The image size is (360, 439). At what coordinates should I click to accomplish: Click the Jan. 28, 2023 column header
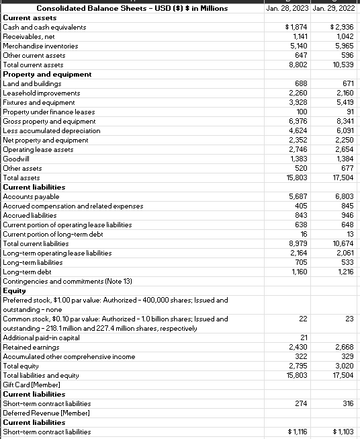click(287, 8)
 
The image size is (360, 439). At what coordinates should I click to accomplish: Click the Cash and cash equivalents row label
click(44, 27)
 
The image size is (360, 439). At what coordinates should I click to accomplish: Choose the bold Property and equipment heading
click(47, 74)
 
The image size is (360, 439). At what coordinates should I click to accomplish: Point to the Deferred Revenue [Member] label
click(47, 413)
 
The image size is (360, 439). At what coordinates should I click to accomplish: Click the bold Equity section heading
click(15, 290)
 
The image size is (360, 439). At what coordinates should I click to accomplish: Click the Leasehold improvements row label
click(42, 93)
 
